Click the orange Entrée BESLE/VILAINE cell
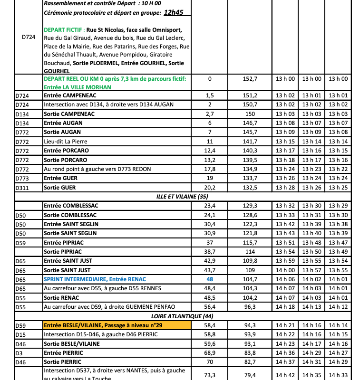117,325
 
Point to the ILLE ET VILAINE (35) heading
182,197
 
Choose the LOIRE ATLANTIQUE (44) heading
182,316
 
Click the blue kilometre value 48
209,279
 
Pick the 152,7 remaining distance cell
250,79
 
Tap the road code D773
22,179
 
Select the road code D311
22,188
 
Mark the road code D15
20,335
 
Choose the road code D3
19,353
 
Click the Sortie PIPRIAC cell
62,252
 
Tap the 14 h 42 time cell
285,375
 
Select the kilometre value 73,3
209,375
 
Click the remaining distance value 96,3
250,307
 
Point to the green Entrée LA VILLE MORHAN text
77,87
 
